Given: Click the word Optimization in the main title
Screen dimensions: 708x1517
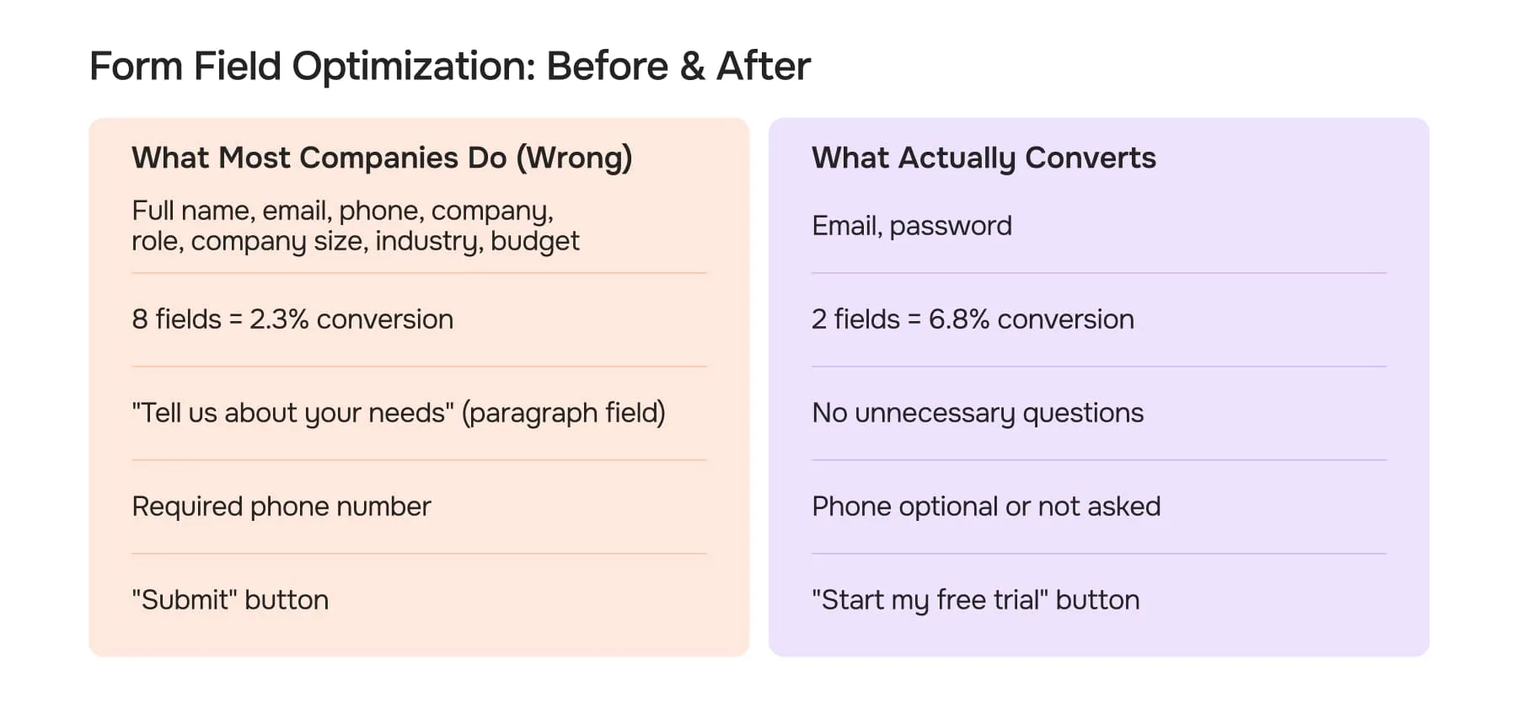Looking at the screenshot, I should coord(413,67).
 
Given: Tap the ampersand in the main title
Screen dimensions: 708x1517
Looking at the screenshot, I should coord(692,67).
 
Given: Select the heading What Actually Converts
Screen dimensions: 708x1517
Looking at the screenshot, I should coord(984,158).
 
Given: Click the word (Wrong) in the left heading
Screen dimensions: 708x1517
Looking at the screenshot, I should coord(574,158).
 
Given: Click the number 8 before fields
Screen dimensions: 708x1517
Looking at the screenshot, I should coord(140,319).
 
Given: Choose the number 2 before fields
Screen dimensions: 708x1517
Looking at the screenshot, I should coord(819,319).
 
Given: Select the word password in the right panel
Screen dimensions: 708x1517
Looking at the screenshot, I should coord(951,226).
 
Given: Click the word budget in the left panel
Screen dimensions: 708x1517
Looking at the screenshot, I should coord(535,242).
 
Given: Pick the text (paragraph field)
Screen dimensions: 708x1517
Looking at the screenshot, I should coord(564,413).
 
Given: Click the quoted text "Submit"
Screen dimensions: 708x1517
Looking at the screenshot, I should coord(185,600).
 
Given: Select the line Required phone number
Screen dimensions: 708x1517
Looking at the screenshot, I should coord(281,507).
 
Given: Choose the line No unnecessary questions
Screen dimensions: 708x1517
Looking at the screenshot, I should coord(978,413).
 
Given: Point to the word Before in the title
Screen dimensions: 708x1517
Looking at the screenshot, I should coord(607,67).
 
